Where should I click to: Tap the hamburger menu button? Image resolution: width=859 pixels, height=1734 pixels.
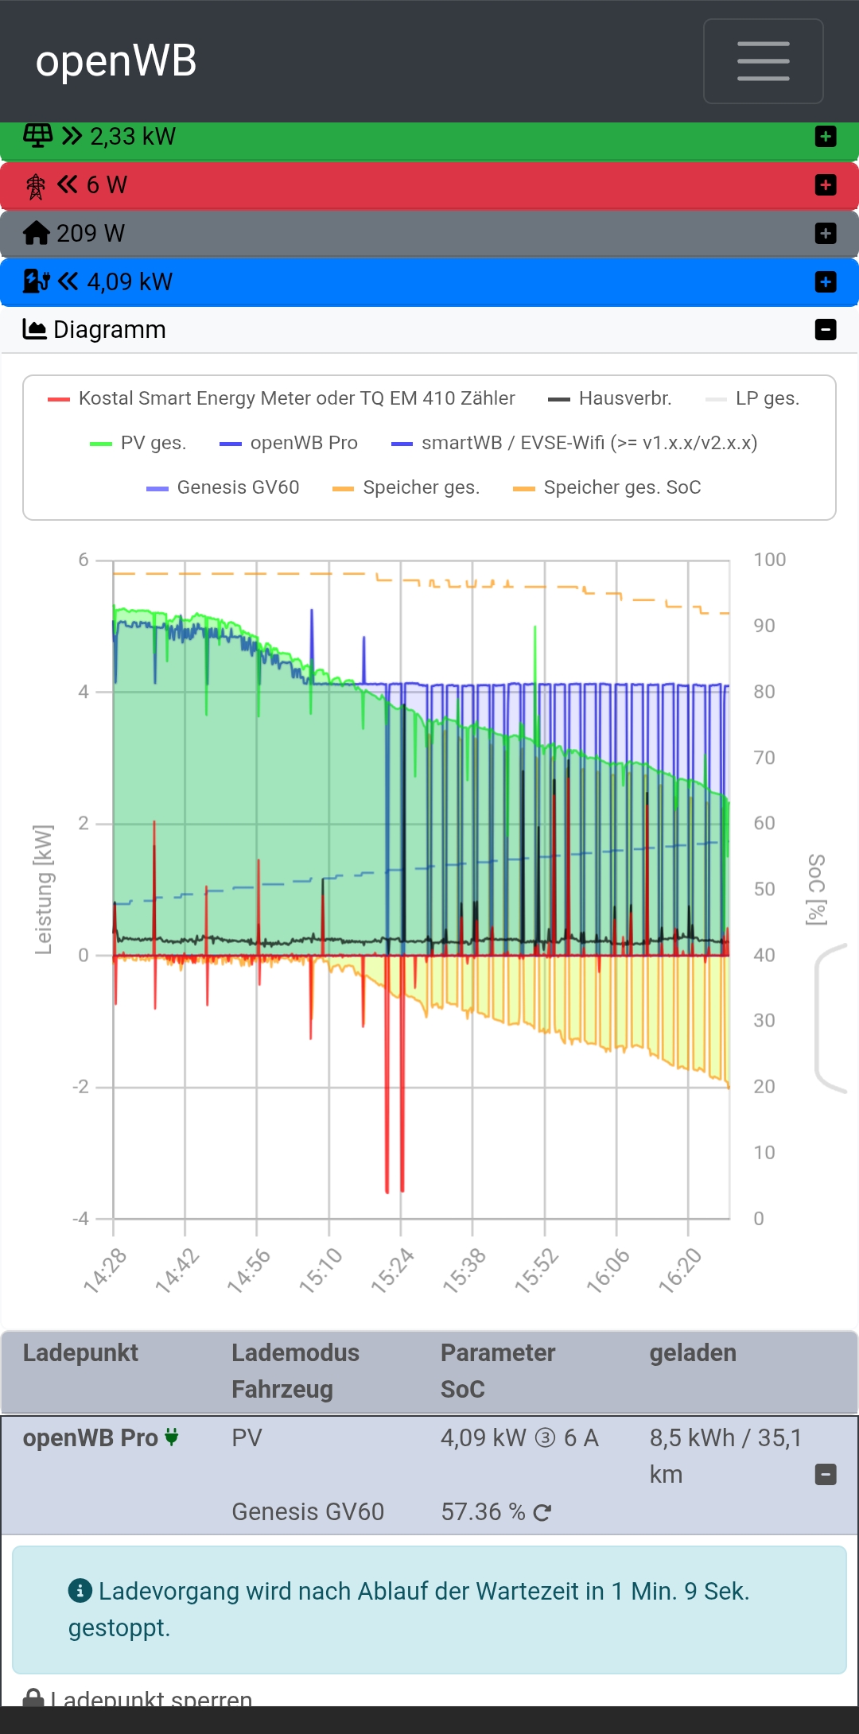click(x=763, y=61)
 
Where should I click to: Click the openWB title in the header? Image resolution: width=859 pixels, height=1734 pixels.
click(x=116, y=61)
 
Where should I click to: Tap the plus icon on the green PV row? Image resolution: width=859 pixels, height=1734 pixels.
click(x=826, y=137)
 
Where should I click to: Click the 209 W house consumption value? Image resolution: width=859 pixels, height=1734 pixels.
click(x=91, y=233)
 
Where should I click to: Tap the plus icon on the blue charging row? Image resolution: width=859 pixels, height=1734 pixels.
click(x=826, y=282)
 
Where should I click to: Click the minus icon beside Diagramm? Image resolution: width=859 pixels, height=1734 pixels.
click(x=826, y=329)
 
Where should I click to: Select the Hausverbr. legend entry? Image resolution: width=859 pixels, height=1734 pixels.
click(x=610, y=398)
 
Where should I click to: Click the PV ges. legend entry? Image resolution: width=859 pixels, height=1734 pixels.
click(x=138, y=443)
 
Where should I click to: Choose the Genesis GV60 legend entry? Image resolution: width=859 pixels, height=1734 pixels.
click(x=223, y=487)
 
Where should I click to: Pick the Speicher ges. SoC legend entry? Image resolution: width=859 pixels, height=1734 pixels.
click(x=608, y=487)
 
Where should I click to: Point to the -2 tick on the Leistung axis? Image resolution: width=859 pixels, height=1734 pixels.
click(x=81, y=1087)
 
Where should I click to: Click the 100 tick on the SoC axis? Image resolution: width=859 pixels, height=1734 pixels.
click(x=769, y=560)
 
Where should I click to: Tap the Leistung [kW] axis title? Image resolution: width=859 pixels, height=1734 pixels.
click(x=44, y=889)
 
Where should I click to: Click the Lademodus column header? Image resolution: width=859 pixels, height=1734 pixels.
click(x=295, y=1353)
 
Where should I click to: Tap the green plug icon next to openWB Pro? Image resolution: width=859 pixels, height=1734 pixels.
click(x=172, y=1437)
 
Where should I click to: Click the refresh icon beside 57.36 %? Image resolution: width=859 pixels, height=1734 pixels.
click(x=542, y=1512)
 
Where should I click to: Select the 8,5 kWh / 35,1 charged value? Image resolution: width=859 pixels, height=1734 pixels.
click(x=725, y=1438)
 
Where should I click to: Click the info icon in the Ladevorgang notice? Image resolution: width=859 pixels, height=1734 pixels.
click(x=80, y=1590)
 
